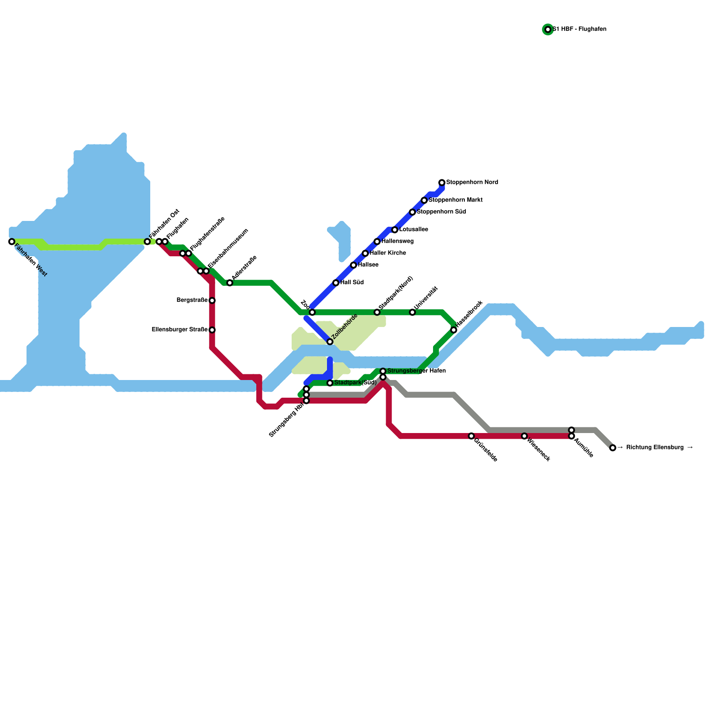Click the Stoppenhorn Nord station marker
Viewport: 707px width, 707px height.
click(x=442, y=182)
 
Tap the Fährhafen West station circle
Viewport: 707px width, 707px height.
click(x=11, y=242)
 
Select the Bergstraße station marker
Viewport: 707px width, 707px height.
click(x=212, y=300)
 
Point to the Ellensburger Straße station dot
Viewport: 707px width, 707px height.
click(x=212, y=330)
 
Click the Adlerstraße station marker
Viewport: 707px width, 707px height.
click(x=230, y=283)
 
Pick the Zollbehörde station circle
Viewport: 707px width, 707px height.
click(x=330, y=342)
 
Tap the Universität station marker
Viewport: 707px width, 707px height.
click(x=412, y=312)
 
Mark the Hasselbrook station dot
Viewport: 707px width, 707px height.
click(x=454, y=330)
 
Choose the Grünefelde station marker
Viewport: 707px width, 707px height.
click(x=471, y=436)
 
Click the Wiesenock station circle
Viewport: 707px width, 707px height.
click(x=524, y=436)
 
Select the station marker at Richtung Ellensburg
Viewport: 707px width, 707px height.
click(x=612, y=448)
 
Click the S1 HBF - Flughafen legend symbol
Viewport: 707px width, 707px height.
click(x=548, y=30)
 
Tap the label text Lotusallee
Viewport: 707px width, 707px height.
click(x=414, y=230)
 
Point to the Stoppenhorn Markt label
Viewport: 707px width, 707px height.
click(x=455, y=200)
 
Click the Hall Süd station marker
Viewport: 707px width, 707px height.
click(x=336, y=283)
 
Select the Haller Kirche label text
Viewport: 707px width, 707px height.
click(x=388, y=253)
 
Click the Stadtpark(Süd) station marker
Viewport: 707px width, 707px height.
click(x=330, y=383)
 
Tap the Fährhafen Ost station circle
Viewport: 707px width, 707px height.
click(x=147, y=242)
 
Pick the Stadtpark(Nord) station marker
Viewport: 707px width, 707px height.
click(x=377, y=312)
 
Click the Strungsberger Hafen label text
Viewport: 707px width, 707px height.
click(x=416, y=371)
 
